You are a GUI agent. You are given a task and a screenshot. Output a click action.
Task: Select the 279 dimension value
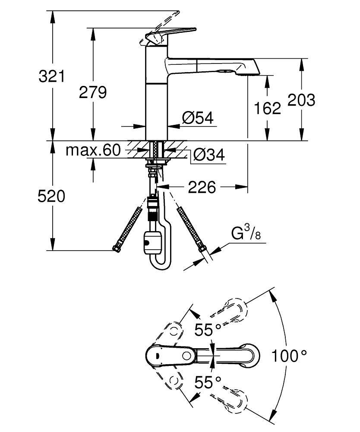92,92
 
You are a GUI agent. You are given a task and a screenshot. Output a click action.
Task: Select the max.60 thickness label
92,150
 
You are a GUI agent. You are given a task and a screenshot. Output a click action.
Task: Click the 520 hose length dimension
51,196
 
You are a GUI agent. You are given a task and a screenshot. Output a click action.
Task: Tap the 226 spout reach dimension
201,187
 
